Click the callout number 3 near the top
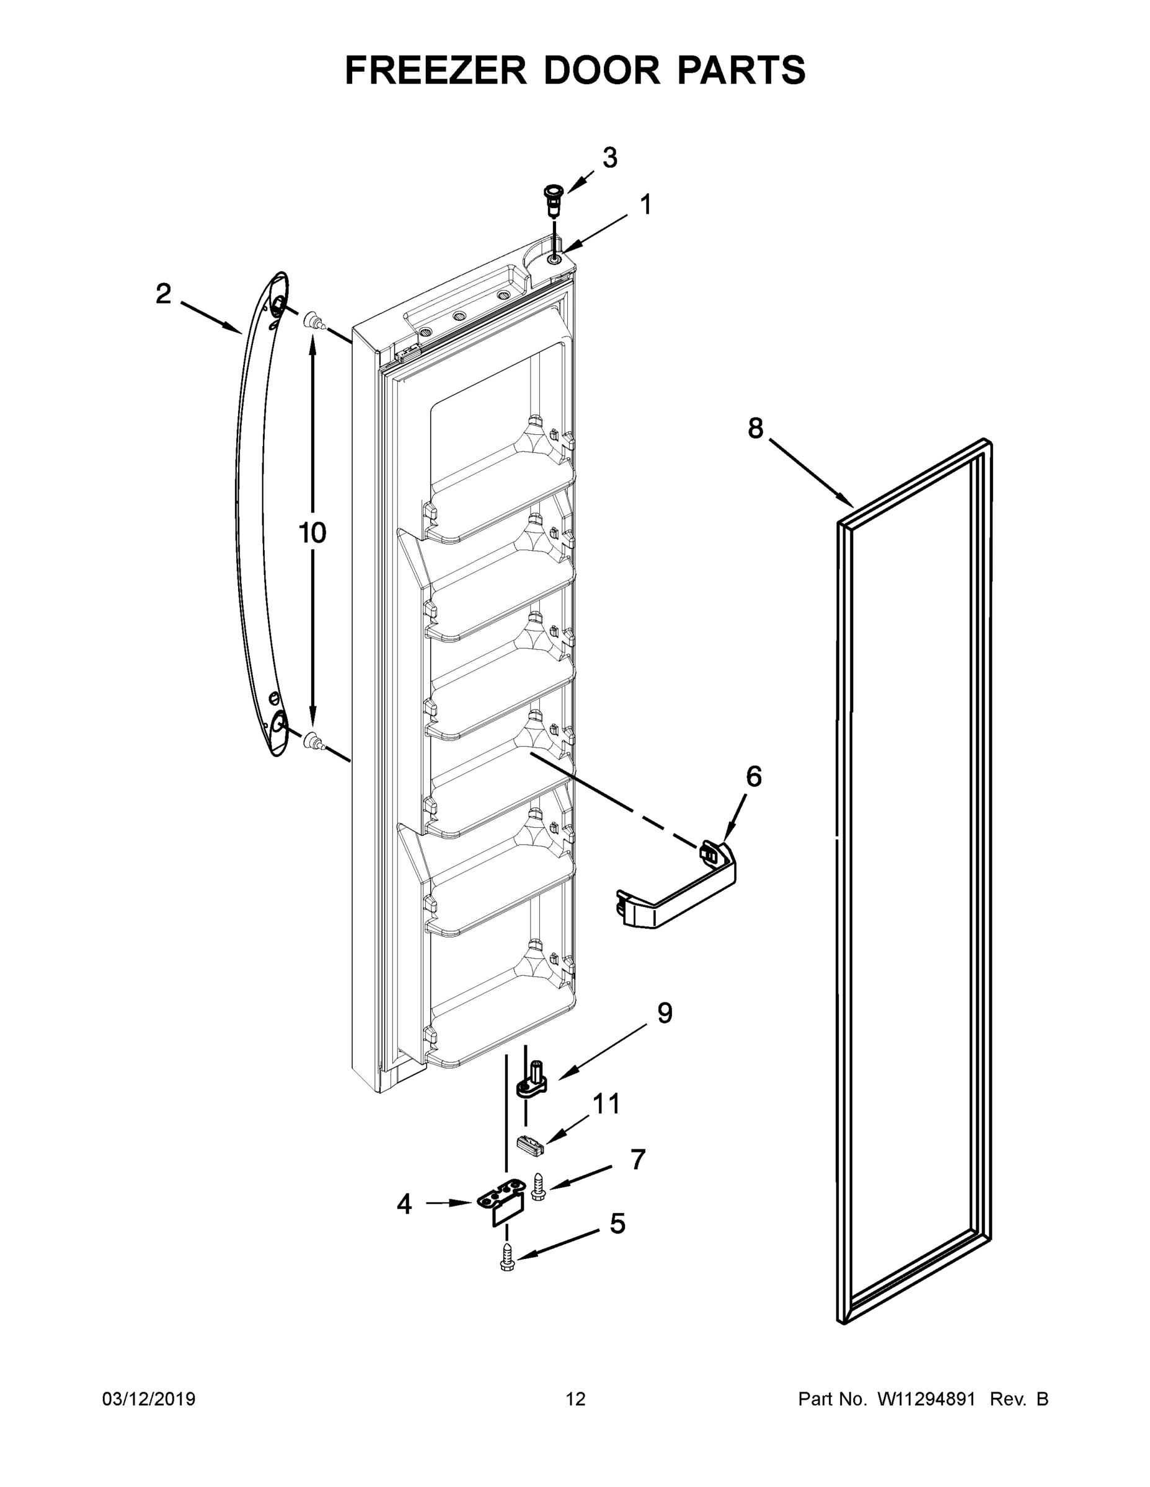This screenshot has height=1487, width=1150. [610, 158]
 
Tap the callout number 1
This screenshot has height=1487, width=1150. [645, 204]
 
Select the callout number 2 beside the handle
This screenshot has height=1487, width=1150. [163, 294]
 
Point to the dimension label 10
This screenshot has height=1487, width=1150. [312, 532]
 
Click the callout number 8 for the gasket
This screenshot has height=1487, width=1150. [756, 428]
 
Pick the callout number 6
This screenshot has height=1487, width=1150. [753, 776]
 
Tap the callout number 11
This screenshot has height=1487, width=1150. [606, 1103]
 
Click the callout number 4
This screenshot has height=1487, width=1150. [404, 1204]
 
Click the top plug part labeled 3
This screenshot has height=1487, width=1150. [552, 198]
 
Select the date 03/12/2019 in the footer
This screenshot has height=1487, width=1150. [149, 1399]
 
